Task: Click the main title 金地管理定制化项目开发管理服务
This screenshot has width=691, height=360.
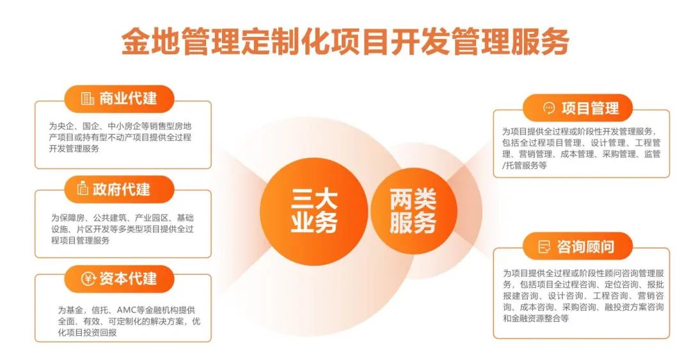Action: (345, 42)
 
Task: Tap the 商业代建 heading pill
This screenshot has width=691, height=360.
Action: (120, 98)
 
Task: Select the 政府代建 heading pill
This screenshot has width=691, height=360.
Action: (120, 189)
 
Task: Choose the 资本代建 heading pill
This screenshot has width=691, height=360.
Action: (120, 279)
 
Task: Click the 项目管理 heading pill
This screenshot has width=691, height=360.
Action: (577, 108)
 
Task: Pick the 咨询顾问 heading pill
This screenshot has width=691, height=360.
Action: (577, 246)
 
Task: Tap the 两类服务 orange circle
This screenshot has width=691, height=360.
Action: (413, 210)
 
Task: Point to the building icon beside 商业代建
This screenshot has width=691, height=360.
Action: (87, 98)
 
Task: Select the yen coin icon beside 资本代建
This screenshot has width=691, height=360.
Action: (88, 279)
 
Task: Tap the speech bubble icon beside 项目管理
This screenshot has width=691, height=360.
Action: (549, 108)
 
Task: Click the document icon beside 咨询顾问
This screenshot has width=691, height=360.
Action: (544, 246)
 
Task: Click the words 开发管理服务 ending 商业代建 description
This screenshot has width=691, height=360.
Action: (74, 148)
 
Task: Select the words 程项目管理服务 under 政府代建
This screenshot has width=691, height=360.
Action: (80, 240)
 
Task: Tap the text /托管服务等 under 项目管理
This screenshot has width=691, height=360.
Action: (525, 166)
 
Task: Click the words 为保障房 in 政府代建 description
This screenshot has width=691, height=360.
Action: (68, 217)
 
